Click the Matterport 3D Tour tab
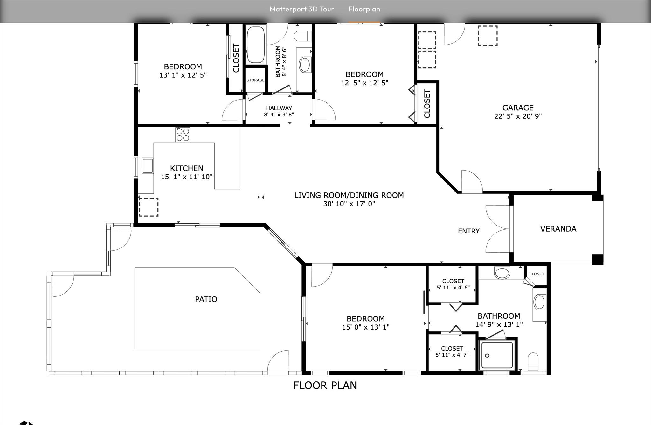[301, 9]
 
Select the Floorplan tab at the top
[364, 9]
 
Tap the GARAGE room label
[518, 108]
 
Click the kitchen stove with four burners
[183, 135]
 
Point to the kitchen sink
[148, 166]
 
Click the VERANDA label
[558, 229]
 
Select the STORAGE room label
[255, 80]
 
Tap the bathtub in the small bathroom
[256, 45]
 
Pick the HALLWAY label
[279, 108]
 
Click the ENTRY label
[468, 231]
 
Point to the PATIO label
[206, 299]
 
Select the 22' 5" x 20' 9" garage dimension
[518, 116]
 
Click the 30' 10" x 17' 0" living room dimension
[349, 204]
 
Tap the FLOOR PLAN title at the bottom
[325, 386]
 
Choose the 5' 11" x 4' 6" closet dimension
[453, 288]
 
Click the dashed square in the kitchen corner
[149, 207]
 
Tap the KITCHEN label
[187, 168]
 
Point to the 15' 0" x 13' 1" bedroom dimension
[366, 327]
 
